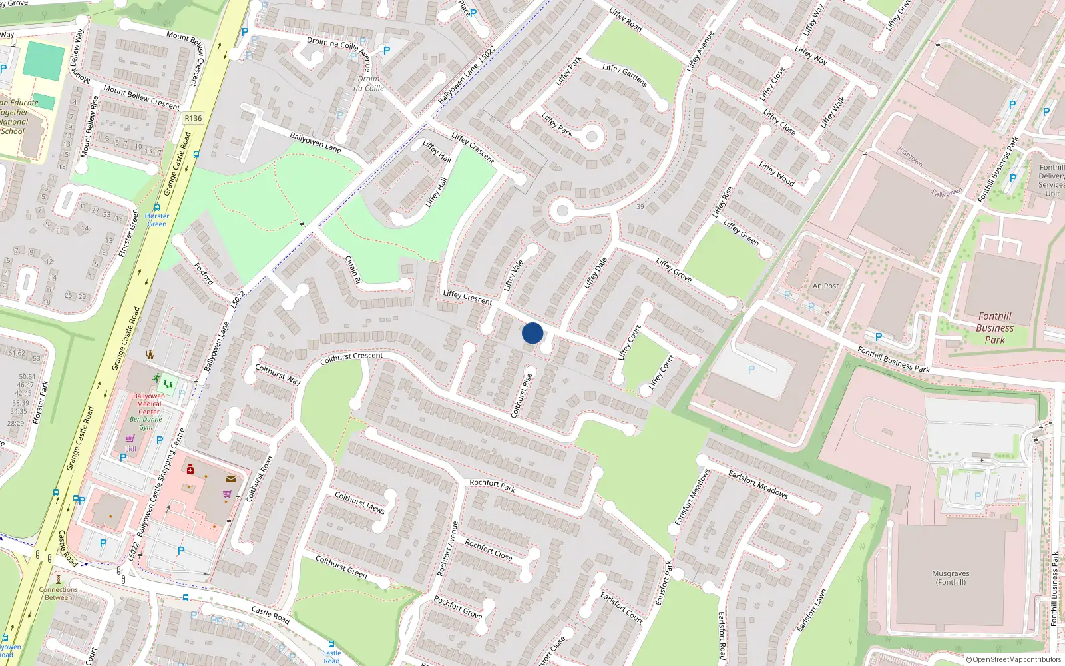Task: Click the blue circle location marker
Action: pos(532,333)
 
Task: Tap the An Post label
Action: pos(825,286)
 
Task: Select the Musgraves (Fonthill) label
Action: pos(951,577)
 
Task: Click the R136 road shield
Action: pos(193,118)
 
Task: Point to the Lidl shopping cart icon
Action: pos(130,438)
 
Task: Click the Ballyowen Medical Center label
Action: pos(149,404)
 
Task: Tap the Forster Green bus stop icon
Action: pos(156,208)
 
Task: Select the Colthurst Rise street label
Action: pos(521,395)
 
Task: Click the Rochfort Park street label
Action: pos(492,484)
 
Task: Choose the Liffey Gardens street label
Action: pos(624,75)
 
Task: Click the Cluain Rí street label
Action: pos(353,270)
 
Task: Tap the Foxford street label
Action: pos(204,273)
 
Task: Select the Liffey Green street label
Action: pos(741,233)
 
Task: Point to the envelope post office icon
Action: pos(230,478)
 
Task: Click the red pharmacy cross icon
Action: pos(190,470)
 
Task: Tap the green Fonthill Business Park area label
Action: pos(994,328)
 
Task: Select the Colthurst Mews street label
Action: pos(359,502)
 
